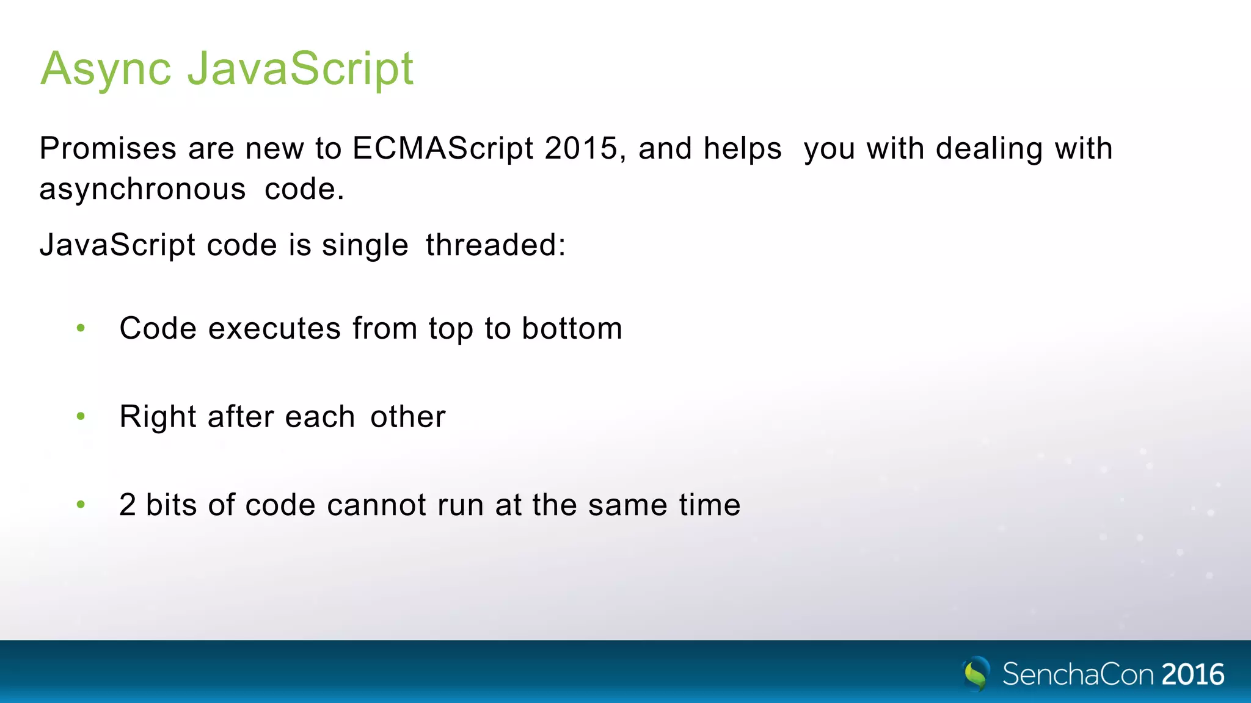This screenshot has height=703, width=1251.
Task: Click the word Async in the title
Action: [106, 69]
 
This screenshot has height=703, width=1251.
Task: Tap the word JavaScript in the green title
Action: [301, 69]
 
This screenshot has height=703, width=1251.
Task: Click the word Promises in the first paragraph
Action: [108, 148]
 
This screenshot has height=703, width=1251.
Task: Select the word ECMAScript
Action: [443, 148]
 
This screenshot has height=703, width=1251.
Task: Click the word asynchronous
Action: [142, 189]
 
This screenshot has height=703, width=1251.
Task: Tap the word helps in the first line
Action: [742, 148]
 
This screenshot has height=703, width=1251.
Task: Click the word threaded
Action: [495, 245]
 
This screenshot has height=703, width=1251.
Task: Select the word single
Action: [365, 245]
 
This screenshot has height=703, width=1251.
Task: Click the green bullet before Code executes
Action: [81, 329]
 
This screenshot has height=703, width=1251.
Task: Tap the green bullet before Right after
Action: [81, 417]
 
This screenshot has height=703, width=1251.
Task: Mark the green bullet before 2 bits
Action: [81, 505]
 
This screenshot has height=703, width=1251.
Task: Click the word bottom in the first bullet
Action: [572, 329]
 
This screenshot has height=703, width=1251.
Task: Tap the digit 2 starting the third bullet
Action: [127, 505]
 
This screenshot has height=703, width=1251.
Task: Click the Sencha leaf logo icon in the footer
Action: [977, 674]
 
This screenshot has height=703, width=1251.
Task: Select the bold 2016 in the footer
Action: [1192, 675]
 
